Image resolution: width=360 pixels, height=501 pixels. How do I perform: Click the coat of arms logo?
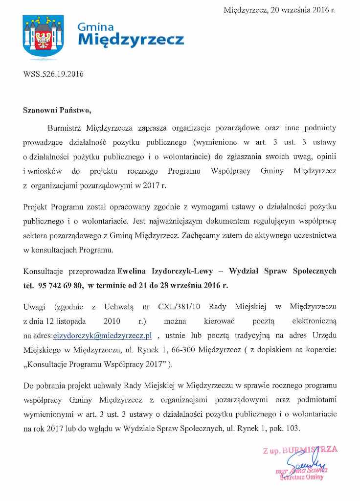click(44, 37)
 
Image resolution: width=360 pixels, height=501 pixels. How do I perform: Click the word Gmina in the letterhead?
click(96, 27)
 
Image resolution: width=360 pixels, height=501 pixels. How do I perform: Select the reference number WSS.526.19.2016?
click(53, 74)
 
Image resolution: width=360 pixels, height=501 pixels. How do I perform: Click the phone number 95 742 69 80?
click(60, 284)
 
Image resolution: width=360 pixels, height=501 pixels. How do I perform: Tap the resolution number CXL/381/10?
click(178, 307)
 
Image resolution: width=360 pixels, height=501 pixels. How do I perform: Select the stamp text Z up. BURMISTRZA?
click(300, 450)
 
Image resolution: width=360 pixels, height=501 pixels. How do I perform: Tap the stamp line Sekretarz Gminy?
click(302, 478)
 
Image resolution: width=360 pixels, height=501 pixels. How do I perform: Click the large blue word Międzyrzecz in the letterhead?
click(131, 39)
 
